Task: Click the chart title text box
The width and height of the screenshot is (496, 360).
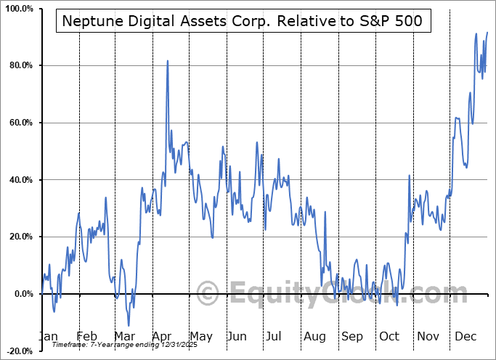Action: pos(243,22)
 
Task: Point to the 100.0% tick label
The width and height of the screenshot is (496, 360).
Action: pos(18,9)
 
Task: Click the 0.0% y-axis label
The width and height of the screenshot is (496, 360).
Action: pos(23,294)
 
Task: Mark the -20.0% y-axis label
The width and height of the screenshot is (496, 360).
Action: pos(19,351)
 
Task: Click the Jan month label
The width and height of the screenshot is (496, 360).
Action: pos(47,337)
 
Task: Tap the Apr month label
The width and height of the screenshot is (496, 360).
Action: pos(162,337)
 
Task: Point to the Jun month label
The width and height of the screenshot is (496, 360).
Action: pos(237,337)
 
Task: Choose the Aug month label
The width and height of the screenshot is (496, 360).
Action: pos(314,337)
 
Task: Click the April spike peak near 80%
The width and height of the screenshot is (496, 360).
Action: pos(168,61)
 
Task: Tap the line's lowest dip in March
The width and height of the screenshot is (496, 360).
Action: pos(129,326)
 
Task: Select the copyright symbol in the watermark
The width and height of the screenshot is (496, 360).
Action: pos(208,293)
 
